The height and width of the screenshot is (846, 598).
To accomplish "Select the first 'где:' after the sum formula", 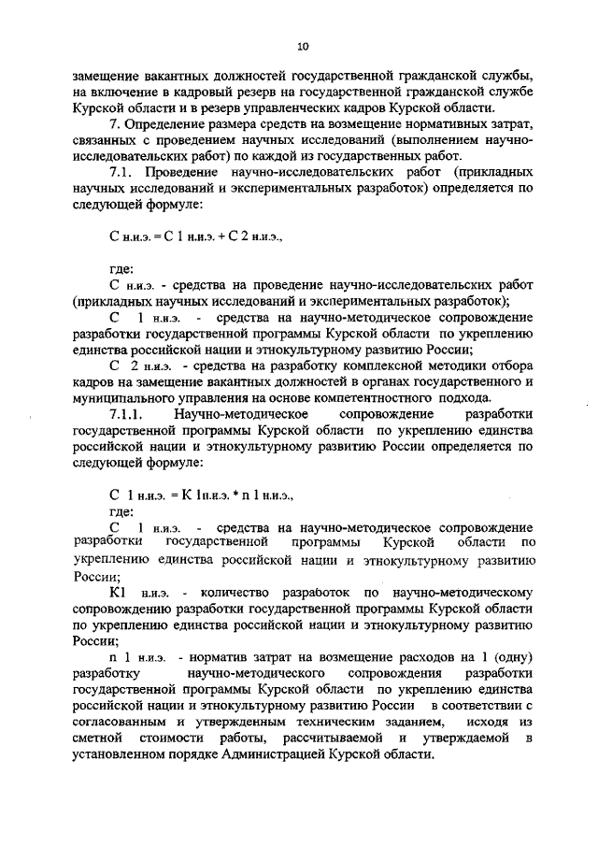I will coord(121,269).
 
